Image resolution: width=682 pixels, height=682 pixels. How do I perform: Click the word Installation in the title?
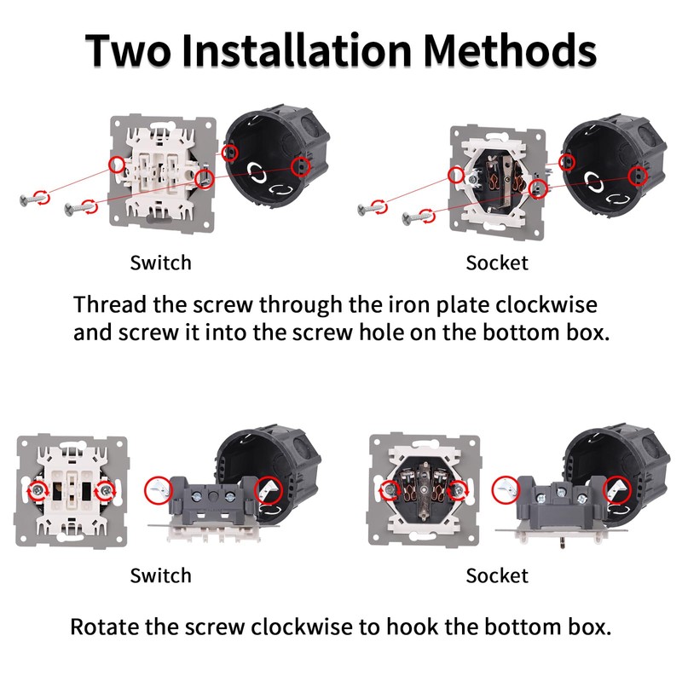(297, 50)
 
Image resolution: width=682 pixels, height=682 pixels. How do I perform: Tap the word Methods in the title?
(510, 50)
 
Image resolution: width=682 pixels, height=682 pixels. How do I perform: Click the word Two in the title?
(128, 50)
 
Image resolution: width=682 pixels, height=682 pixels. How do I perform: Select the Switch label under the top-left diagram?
(160, 263)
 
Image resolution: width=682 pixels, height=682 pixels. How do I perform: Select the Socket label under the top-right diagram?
(497, 263)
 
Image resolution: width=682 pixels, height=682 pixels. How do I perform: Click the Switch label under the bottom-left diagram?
(160, 575)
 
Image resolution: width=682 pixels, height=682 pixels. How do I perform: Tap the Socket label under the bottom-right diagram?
(497, 575)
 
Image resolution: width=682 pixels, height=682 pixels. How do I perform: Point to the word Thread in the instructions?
(110, 304)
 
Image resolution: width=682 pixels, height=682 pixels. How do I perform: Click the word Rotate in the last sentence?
(104, 627)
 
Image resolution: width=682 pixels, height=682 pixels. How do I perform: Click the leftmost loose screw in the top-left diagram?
(33, 199)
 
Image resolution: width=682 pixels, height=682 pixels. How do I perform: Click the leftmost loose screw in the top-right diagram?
(371, 208)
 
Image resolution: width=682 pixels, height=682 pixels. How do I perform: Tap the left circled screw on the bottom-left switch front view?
(39, 491)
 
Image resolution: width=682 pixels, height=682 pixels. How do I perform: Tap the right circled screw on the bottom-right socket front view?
(457, 491)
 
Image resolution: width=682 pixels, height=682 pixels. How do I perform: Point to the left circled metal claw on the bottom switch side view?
(159, 490)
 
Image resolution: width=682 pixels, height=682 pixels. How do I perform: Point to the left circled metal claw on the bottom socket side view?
(506, 489)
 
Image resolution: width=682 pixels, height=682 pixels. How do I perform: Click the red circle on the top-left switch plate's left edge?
(117, 165)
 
